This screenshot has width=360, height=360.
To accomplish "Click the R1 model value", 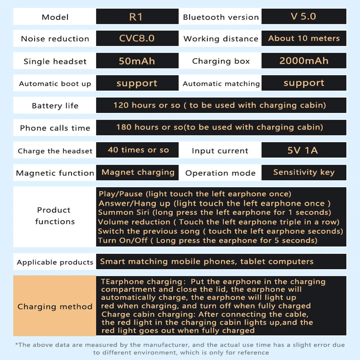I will (x=136, y=17).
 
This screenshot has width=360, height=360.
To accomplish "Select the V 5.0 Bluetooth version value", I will (x=304, y=17).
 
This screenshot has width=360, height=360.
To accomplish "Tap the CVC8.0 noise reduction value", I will (x=136, y=38).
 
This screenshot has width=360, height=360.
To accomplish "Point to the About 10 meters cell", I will (x=304, y=38).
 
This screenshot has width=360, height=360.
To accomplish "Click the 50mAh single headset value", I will (x=136, y=61).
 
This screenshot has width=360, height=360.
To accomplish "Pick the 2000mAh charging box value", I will (x=304, y=61).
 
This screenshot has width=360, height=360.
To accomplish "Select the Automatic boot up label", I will (x=55, y=84).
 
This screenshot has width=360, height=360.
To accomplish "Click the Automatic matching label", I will (x=221, y=84).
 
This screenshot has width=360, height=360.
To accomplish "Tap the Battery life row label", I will (x=55, y=106).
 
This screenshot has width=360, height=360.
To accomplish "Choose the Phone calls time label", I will (x=55, y=128).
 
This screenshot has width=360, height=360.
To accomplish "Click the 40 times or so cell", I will (x=138, y=150).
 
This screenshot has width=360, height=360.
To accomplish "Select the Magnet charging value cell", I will (x=138, y=172).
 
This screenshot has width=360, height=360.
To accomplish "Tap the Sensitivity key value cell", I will (x=304, y=172).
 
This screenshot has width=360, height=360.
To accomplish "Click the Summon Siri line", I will (x=214, y=212).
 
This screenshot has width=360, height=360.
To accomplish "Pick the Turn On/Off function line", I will (x=207, y=240).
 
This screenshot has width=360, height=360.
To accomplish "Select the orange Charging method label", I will (x=55, y=306).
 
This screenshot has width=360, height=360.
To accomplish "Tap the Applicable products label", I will (x=55, y=262).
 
